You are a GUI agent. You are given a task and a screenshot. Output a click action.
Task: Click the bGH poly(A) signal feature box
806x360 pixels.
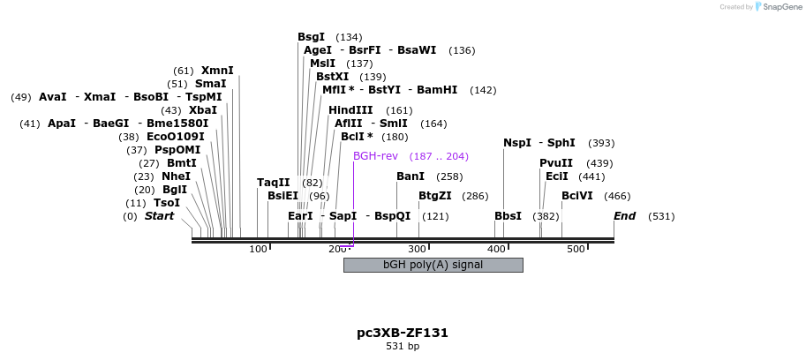point(433,265)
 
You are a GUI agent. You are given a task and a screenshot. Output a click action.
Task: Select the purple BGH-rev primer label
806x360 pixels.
point(375,156)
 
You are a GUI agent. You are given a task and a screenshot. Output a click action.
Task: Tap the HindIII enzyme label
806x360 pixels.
point(350,110)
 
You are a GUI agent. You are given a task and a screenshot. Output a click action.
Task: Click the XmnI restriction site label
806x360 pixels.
point(217,71)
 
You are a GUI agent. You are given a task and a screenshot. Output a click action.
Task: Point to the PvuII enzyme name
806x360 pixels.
point(556,163)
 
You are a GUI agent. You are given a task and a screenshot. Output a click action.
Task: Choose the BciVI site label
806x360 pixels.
point(577,195)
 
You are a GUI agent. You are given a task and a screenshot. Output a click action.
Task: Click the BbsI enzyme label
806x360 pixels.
point(508,216)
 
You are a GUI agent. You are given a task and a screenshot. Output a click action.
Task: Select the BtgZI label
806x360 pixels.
point(434,195)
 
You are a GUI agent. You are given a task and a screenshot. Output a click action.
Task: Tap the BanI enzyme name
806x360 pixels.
point(411,176)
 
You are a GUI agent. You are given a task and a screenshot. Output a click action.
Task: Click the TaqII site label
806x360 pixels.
point(274,183)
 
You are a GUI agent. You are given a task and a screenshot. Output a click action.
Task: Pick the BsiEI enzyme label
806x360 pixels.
point(283,196)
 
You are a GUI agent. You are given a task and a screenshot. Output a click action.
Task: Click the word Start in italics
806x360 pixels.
point(160,216)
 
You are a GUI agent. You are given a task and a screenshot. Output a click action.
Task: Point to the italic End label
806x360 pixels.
point(625,216)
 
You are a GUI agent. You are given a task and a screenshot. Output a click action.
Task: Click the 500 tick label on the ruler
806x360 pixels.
point(576,250)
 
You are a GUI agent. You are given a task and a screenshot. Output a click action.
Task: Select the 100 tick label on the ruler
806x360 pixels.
point(258,250)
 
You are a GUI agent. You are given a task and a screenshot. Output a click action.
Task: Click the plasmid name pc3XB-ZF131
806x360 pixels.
point(403,333)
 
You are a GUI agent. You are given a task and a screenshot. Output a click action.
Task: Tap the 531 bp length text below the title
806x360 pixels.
point(403,346)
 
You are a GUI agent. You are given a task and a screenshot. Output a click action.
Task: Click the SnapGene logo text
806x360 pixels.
point(780,7)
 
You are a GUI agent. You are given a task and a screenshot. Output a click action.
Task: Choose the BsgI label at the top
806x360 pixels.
point(312,37)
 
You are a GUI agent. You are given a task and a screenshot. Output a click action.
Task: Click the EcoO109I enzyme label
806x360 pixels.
point(175,137)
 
